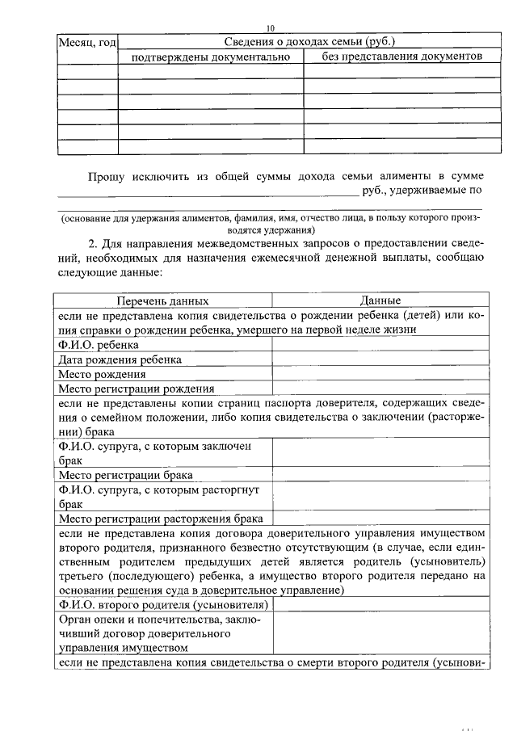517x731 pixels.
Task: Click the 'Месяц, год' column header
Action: pyautogui.click(x=87, y=42)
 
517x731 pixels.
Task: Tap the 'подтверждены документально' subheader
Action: pyautogui.click(x=210, y=57)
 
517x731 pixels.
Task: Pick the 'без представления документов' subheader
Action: pyautogui.click(x=395, y=57)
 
